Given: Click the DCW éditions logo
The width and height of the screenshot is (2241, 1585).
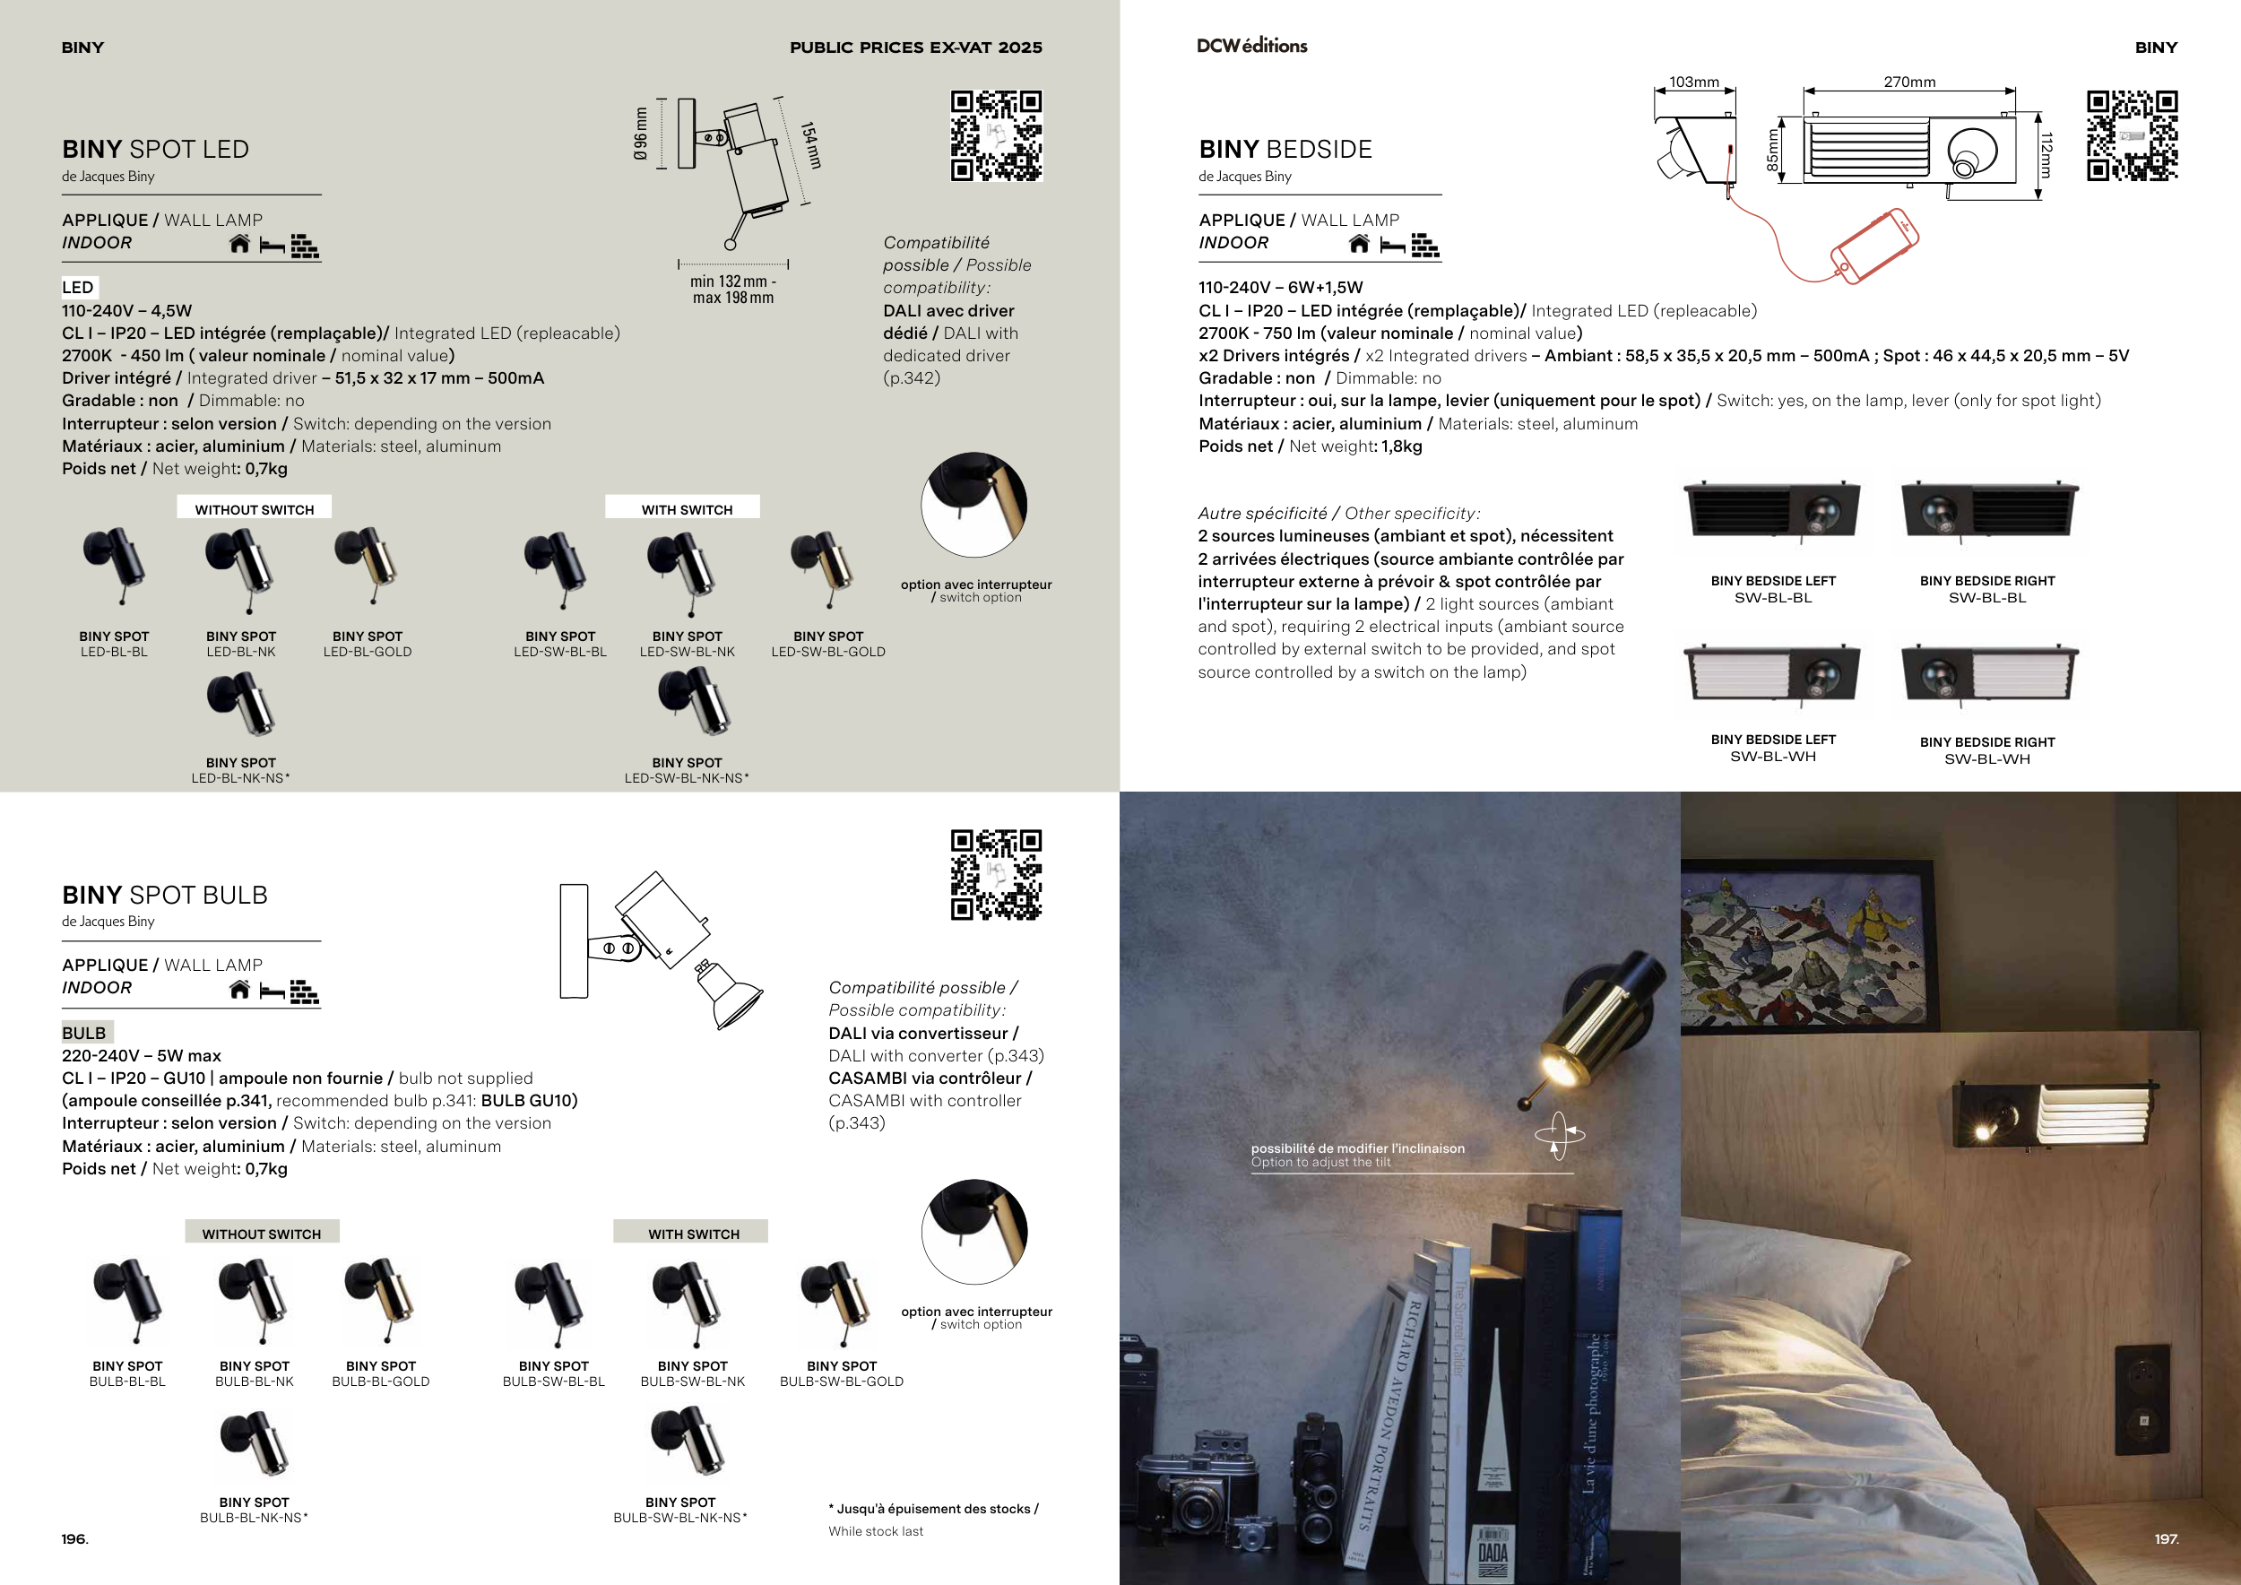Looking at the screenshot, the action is (1251, 45).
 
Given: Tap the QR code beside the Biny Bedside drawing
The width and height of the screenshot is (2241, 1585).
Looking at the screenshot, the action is (2132, 135).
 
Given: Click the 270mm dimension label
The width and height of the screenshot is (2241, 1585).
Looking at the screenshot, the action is (1909, 82).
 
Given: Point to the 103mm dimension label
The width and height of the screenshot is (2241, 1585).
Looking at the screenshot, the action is (1693, 82).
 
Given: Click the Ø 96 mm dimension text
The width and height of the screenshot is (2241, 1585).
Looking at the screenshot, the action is (640, 133).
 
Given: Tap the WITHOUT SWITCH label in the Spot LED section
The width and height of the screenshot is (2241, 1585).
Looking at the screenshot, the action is (254, 509).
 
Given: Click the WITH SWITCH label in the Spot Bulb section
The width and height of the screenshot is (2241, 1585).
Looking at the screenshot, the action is (693, 1234).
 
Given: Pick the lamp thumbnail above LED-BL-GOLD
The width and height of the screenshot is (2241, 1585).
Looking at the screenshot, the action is (366, 566).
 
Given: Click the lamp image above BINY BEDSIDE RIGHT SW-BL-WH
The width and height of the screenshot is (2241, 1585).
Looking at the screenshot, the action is (1989, 675).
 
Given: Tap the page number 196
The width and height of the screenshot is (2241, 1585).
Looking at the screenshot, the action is (74, 1538).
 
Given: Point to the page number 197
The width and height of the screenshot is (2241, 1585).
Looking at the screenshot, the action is (2166, 1538).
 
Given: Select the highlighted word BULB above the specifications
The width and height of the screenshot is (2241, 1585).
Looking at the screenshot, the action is (84, 1033).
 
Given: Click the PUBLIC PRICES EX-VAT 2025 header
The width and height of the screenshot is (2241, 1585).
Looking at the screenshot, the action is (915, 47).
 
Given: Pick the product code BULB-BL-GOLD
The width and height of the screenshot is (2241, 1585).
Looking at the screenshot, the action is (381, 1381).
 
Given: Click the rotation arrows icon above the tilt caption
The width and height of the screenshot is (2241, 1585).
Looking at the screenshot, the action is (1559, 1135).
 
